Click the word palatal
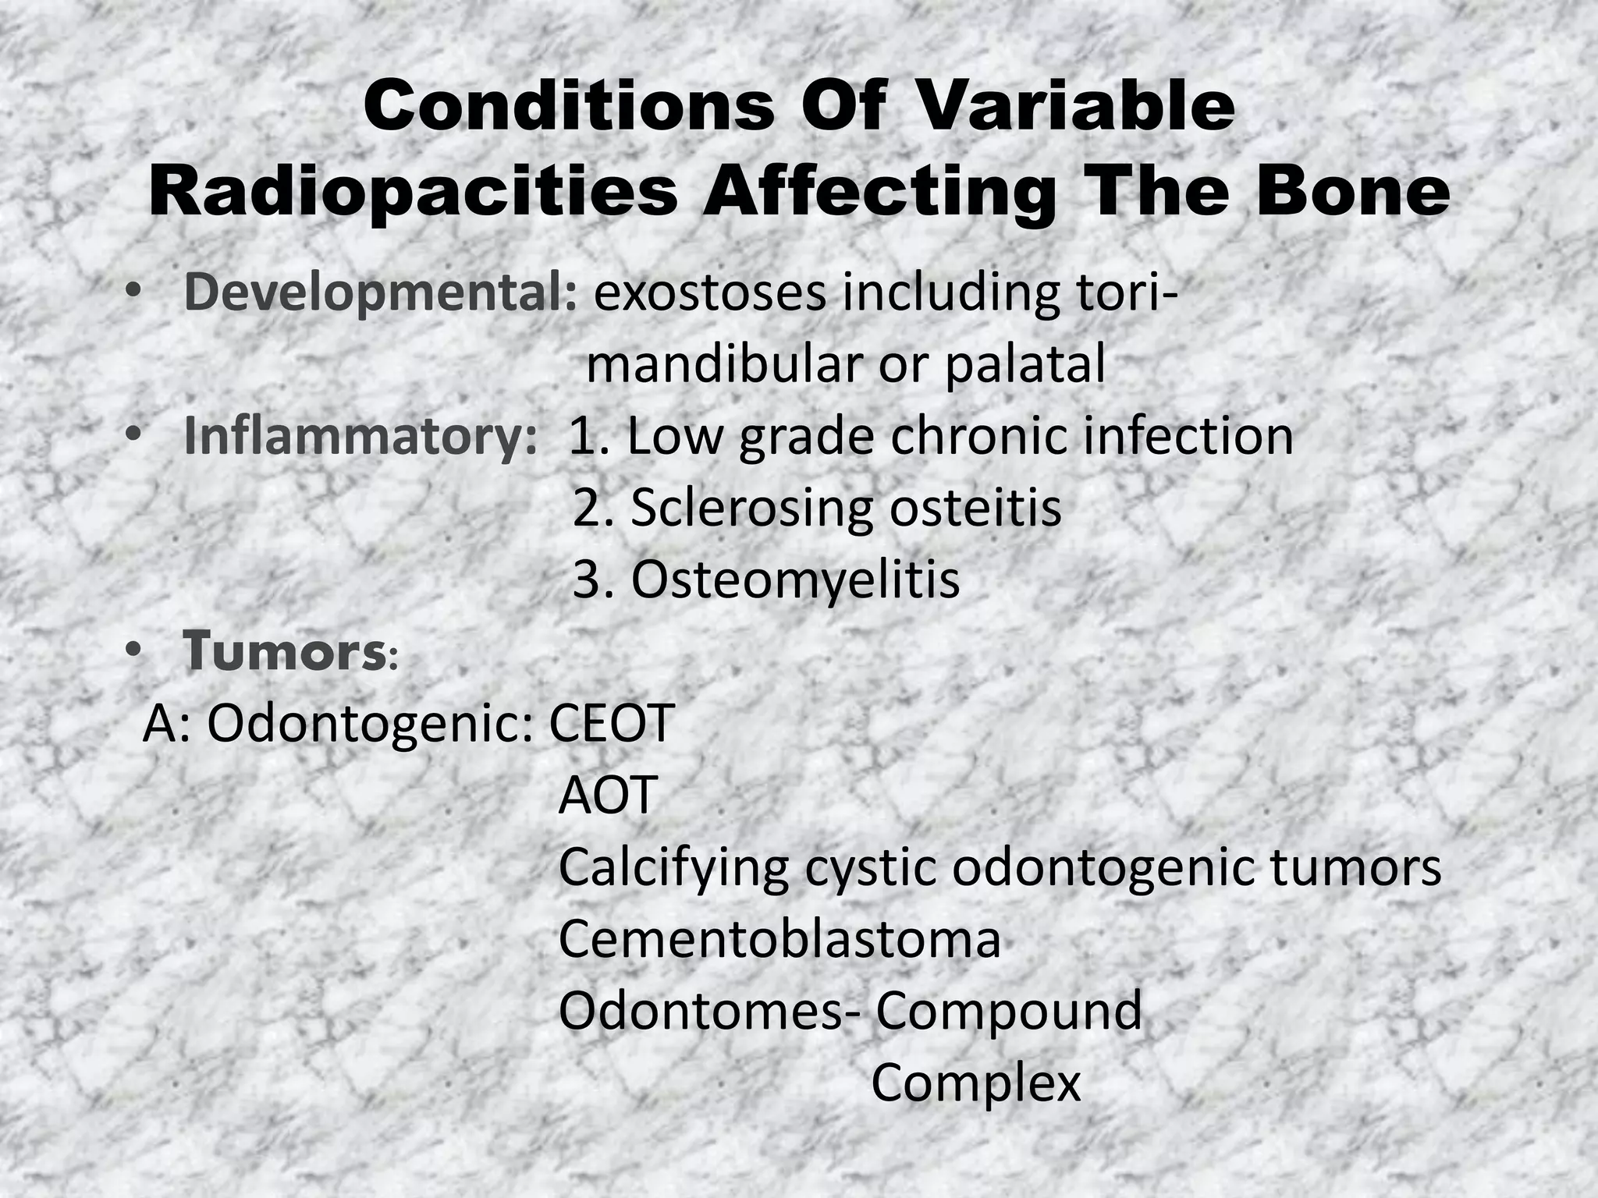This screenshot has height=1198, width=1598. click(1024, 364)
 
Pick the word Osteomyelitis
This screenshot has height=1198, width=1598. click(794, 580)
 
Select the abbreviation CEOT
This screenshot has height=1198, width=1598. click(611, 724)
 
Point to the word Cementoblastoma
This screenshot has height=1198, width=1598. click(779, 939)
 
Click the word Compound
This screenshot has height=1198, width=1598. click(1008, 1012)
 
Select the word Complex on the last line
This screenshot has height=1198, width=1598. click(975, 1083)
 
